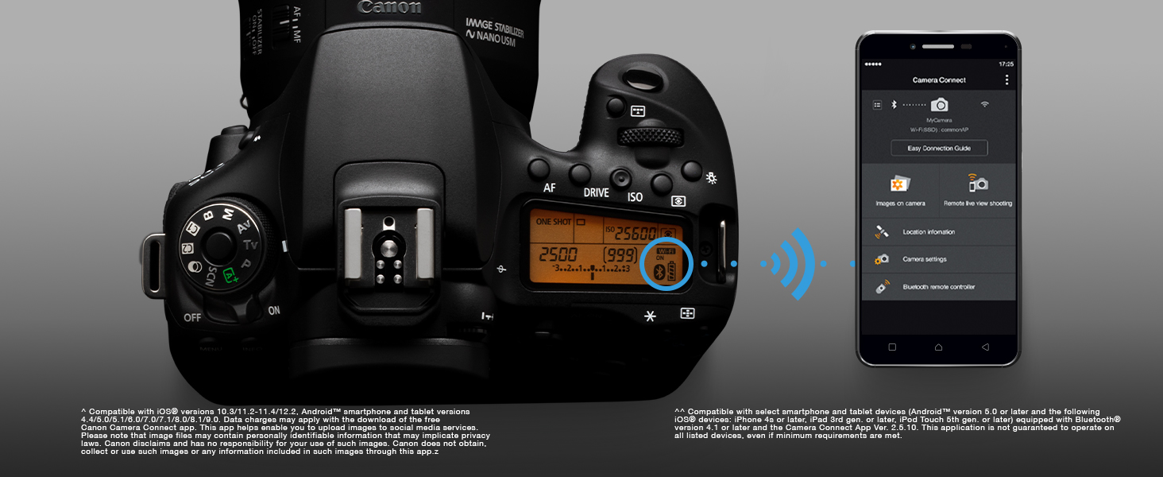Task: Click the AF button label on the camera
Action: (x=549, y=189)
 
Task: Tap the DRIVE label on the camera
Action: (x=596, y=192)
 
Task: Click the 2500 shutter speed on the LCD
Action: (x=558, y=255)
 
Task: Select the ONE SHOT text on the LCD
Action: (x=554, y=222)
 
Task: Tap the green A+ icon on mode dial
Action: (x=231, y=275)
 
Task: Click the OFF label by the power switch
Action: (x=192, y=317)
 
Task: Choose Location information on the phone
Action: (x=929, y=232)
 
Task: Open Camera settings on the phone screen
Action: (x=924, y=259)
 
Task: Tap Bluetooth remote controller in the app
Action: (x=938, y=286)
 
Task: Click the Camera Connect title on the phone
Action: (x=939, y=80)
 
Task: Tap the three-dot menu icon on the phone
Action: (x=1007, y=80)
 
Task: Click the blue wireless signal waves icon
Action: (x=790, y=262)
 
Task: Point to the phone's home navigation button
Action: (x=938, y=347)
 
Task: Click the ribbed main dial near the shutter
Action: (x=650, y=137)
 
